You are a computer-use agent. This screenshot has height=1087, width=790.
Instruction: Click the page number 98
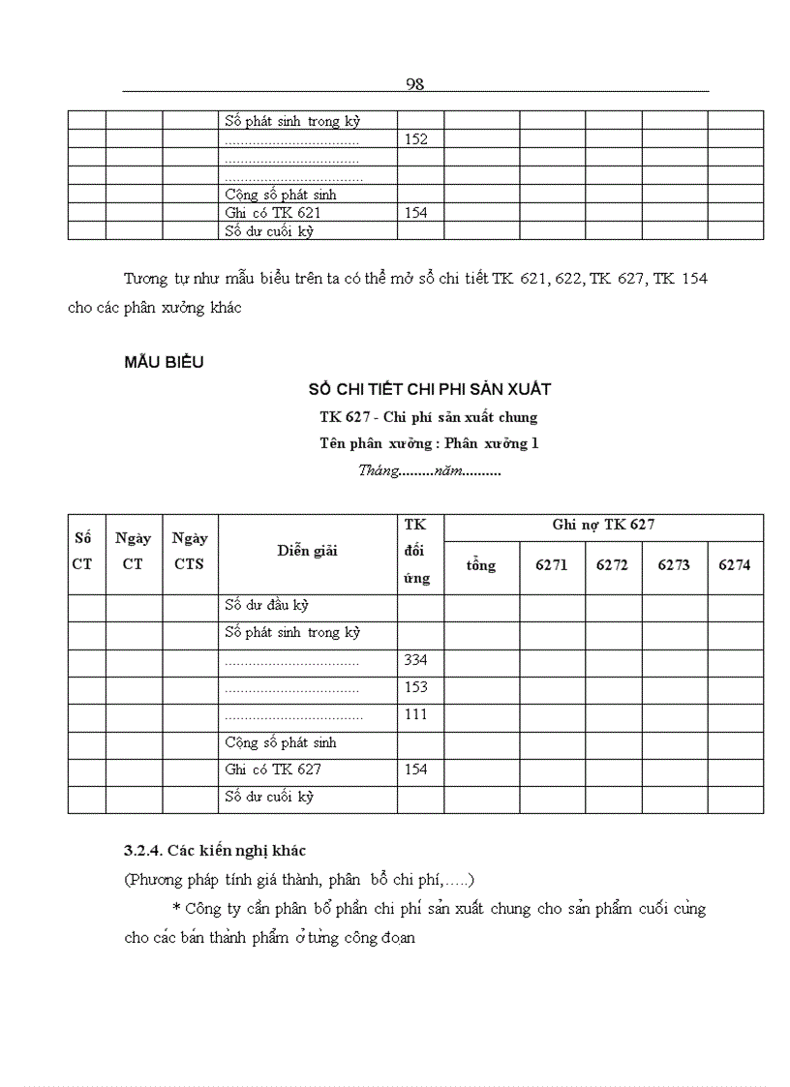pos(415,84)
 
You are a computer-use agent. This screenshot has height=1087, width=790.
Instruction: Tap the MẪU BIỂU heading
pos(164,363)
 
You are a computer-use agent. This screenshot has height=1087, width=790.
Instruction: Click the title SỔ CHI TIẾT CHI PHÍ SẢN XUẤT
pos(429,389)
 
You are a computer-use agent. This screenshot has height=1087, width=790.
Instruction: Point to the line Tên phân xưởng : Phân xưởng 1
pos(429,444)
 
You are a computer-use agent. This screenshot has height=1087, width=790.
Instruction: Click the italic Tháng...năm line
pos(429,471)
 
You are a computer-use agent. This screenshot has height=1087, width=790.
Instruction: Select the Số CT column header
pos(82,554)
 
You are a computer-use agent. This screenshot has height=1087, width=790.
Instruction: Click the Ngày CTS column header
pos(190,552)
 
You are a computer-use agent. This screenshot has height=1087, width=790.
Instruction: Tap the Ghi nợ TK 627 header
pos(603,526)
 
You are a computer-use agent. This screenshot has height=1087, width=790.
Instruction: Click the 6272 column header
pos(612,565)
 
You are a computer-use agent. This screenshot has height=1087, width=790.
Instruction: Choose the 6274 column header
pos(734,565)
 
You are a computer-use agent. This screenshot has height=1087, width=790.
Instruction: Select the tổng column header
pos(481,565)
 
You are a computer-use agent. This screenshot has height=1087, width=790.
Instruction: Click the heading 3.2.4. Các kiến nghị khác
pos(214,851)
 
